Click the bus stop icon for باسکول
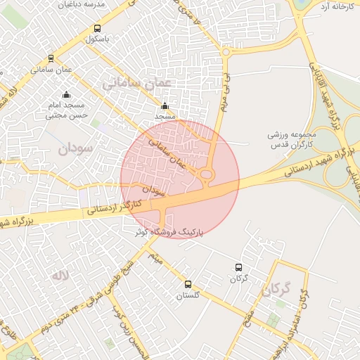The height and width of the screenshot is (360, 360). coord(97,30)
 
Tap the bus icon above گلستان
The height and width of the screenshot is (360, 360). coord(188,284)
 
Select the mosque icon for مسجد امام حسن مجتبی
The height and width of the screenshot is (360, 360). coord(66,95)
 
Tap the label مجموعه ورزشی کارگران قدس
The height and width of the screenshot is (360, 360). coord(293,139)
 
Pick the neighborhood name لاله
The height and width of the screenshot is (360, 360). coord(58,276)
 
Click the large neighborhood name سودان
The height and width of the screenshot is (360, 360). coord(76,148)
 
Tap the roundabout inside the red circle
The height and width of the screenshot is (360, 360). coord(207,175)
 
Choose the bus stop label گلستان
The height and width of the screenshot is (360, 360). coord(188,296)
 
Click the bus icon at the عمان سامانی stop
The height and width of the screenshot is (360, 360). coord(51,58)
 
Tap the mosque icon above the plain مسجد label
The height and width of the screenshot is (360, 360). coord(165,107)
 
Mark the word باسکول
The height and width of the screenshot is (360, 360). coord(97,39)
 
